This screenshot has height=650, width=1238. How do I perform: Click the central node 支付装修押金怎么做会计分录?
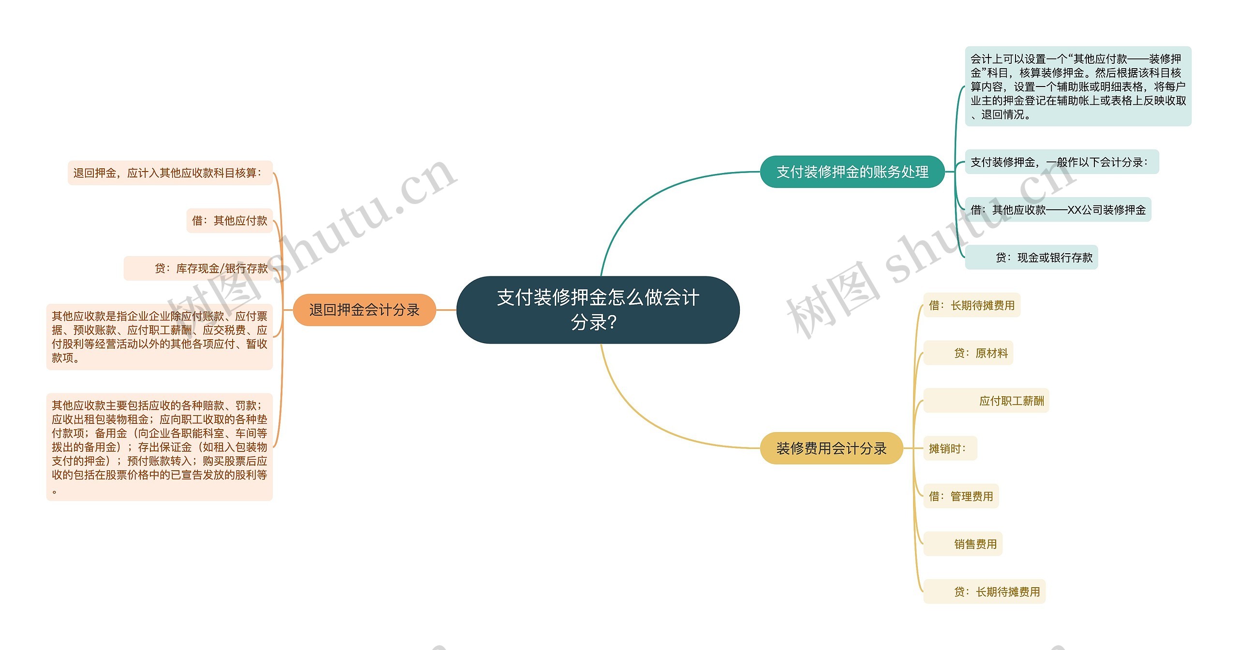(598, 310)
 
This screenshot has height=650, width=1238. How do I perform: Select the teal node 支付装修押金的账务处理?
(852, 172)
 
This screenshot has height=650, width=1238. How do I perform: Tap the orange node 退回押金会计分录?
(364, 310)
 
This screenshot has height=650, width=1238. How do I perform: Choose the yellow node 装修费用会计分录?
(831, 448)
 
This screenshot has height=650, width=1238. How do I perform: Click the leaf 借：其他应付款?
(230, 221)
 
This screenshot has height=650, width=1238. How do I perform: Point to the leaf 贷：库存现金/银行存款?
(198, 268)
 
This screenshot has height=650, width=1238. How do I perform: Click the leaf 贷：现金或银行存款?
(1032, 258)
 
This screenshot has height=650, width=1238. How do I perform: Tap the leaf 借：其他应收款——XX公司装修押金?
(1058, 210)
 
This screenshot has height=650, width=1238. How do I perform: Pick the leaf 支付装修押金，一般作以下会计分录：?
(1062, 162)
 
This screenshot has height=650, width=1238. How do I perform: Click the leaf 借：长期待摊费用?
(972, 305)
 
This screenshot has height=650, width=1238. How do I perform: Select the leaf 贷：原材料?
(968, 353)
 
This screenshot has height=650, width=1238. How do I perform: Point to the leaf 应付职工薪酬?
(986, 401)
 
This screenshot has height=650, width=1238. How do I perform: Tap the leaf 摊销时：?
(950, 448)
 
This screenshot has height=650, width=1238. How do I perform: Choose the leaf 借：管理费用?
(961, 496)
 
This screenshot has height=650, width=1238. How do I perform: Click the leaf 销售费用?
(963, 544)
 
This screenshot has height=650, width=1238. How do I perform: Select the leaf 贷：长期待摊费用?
(984, 592)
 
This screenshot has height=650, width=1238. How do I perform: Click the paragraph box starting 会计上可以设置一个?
(1078, 87)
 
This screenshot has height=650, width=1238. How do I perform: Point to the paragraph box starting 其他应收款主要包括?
(160, 447)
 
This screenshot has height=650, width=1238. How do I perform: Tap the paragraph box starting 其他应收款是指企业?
(160, 337)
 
